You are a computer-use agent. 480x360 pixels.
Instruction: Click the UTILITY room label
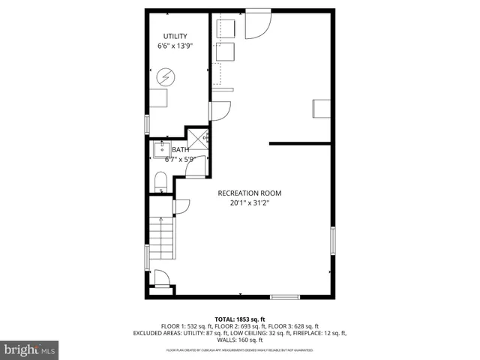click(x=175, y=36)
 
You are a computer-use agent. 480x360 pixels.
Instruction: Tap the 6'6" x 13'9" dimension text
click(x=175, y=46)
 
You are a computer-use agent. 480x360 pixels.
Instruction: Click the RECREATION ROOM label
click(x=250, y=193)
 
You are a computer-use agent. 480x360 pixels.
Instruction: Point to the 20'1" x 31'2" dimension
click(x=250, y=202)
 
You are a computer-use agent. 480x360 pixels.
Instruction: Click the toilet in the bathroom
click(x=159, y=182)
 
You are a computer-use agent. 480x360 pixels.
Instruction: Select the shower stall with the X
click(x=197, y=140)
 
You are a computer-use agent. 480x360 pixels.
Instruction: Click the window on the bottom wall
click(x=284, y=296)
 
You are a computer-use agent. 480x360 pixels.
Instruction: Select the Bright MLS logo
click(x=30, y=349)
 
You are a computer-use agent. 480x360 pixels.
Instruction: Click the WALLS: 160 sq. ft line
click(x=240, y=339)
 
